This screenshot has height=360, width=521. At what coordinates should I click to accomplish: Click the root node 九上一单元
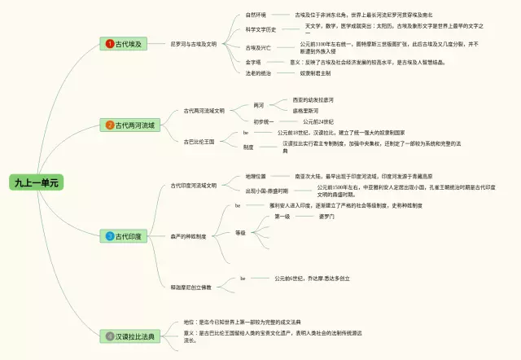pyautogui.click(x=36, y=182)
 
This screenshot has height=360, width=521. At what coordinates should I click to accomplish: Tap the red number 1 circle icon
pyautogui.click(x=110, y=42)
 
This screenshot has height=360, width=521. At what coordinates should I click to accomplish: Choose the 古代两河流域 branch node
pyautogui.click(x=132, y=125)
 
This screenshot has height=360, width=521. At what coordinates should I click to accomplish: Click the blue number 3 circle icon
pyautogui.click(x=110, y=236)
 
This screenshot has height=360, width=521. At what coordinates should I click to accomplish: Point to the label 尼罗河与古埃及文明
pyautogui.click(x=193, y=42)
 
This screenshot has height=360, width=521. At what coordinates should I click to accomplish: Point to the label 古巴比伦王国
pyautogui.click(x=198, y=140)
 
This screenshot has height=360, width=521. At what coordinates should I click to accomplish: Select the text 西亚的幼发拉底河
pyautogui.click(x=313, y=100)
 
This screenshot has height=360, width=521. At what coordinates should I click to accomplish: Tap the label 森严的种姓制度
pyautogui.click(x=189, y=236)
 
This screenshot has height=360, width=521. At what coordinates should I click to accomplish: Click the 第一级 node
pyautogui.click(x=282, y=217)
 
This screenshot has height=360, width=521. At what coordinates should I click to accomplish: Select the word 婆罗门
pyautogui.click(x=326, y=217)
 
